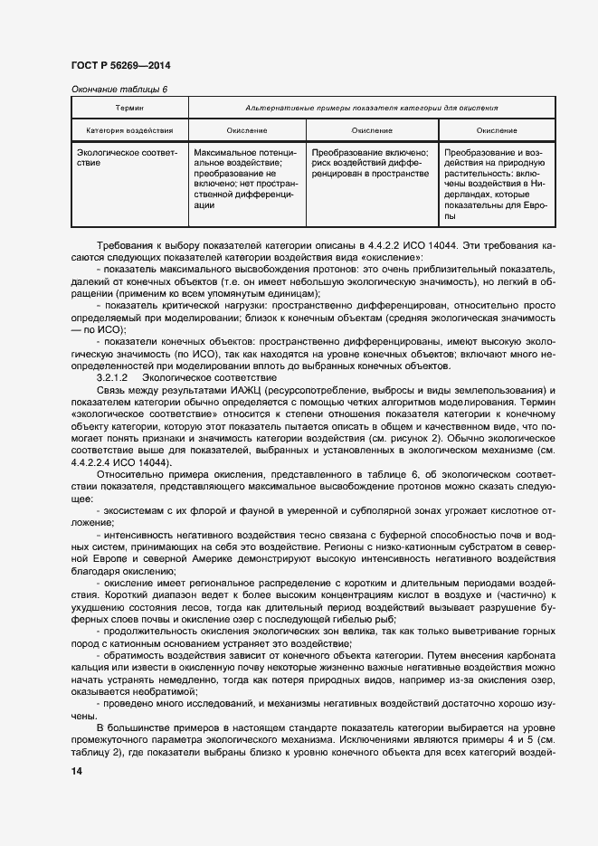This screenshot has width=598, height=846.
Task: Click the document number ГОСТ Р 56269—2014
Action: (x=119, y=67)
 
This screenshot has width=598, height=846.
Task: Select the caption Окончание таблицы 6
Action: (x=119, y=89)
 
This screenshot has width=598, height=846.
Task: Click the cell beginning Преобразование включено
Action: (x=372, y=164)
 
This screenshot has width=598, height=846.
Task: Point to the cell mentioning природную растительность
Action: (x=496, y=185)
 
